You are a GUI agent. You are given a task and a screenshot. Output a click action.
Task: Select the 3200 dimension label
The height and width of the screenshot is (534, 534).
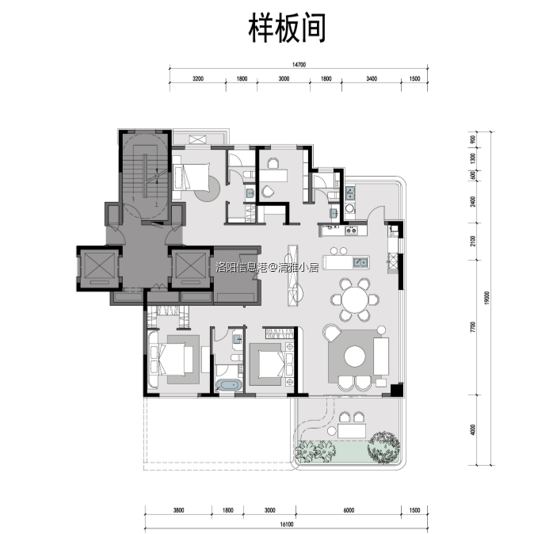197,79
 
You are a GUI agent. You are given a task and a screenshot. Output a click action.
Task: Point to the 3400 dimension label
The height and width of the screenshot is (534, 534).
371,79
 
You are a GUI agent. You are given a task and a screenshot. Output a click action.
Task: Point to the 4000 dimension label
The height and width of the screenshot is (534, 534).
472,429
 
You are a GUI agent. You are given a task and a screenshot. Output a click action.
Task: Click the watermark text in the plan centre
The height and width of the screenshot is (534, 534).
267,268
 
